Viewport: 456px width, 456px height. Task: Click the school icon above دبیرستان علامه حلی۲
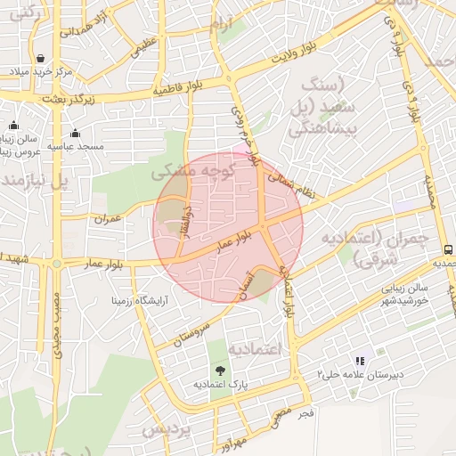coord(360,361)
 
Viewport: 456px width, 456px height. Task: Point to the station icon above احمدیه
coord(448,249)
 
